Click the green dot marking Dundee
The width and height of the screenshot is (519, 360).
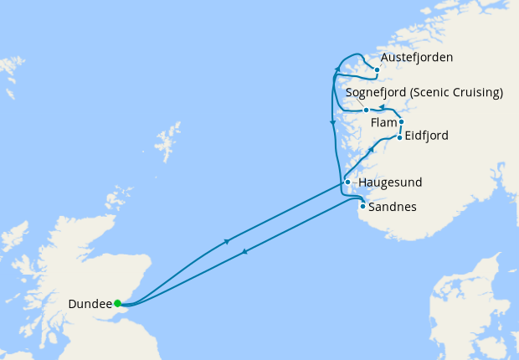(x=117, y=303)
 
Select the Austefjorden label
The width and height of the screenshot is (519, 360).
(x=417, y=58)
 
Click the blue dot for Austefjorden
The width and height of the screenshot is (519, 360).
(x=377, y=69)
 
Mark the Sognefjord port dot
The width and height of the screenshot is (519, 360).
(x=366, y=110)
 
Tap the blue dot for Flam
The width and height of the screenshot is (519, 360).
(x=401, y=122)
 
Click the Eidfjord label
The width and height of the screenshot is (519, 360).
(x=426, y=136)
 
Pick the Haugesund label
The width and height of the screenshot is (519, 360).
(x=389, y=182)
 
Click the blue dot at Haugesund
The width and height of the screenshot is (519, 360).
(x=347, y=182)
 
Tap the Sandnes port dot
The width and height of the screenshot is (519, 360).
(x=362, y=206)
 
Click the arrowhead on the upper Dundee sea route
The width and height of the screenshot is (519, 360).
(x=227, y=242)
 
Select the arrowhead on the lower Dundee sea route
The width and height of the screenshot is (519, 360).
(x=244, y=251)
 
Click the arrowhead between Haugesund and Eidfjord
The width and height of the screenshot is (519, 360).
(x=371, y=149)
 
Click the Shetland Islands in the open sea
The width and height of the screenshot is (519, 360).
(x=170, y=139)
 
